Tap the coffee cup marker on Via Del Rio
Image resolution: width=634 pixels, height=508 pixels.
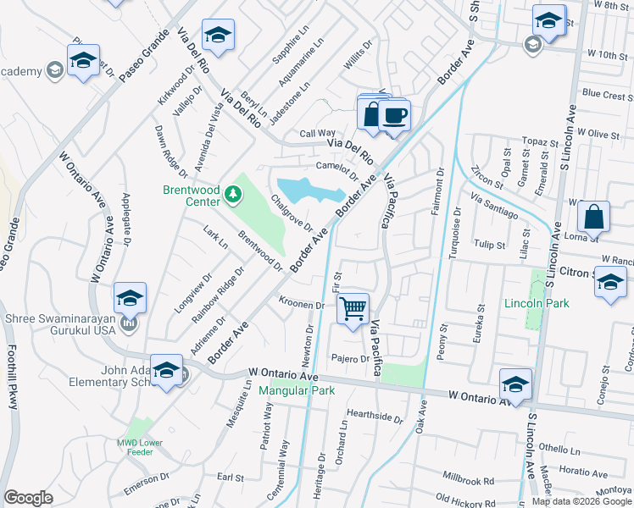394,115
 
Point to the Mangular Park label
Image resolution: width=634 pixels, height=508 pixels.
297,390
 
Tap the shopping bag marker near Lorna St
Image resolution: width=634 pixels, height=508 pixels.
594,218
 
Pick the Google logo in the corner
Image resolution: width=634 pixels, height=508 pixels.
28,498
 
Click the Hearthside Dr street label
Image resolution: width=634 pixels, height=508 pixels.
375,416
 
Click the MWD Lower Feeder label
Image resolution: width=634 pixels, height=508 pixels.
140,446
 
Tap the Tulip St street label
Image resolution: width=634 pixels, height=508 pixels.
490,245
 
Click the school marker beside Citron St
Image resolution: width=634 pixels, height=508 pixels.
610,283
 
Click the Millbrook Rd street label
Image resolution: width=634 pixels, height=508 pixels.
468,480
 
